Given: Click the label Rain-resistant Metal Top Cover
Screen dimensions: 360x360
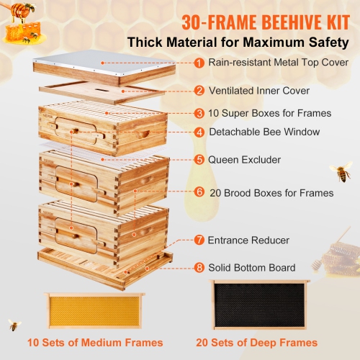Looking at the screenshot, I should coord(279,63).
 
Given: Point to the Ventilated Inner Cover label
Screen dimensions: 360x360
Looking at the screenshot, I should coord(259,91).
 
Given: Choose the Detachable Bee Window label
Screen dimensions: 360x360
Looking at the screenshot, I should coord(264,132).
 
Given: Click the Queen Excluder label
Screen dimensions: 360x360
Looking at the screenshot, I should coord(244,159).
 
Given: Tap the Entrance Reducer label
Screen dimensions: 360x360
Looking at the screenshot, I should coord(249,239).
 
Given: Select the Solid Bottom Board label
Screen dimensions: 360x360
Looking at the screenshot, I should coord(252,268).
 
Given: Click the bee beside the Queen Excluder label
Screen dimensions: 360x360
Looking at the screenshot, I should coord(340,171).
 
